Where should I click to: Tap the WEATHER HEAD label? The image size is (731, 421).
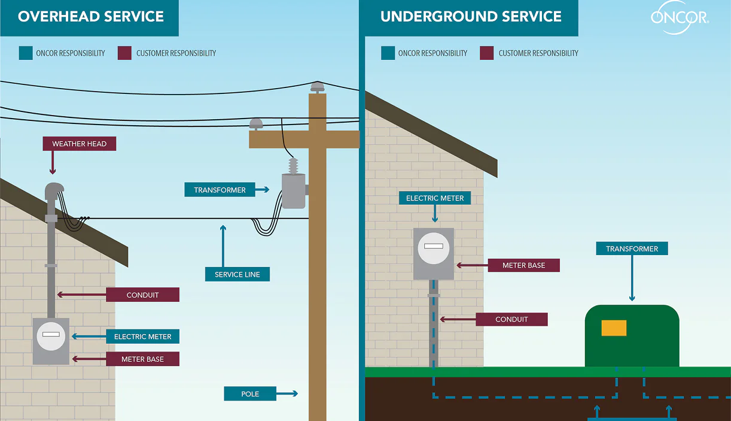[79, 144]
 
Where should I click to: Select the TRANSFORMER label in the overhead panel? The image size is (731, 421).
[220, 190]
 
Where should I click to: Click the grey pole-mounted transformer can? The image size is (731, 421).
[293, 191]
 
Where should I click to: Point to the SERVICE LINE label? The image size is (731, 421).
[237, 274]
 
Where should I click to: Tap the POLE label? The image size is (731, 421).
[250, 393]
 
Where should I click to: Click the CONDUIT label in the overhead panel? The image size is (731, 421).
[142, 295]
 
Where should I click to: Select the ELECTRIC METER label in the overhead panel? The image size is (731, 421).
[142, 337]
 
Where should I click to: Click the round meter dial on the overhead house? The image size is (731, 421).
[51, 337]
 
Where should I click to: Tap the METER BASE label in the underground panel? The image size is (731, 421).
[523, 265]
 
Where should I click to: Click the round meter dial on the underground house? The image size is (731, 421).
[434, 247]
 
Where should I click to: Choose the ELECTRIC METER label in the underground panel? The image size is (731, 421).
[435, 198]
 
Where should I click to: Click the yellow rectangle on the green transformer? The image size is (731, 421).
[614, 328]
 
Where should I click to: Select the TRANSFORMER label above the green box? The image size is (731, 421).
[632, 249]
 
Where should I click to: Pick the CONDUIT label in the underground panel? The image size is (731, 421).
[511, 319]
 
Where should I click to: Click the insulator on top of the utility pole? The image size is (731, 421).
[318, 87]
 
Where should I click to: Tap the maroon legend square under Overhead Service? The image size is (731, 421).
[124, 53]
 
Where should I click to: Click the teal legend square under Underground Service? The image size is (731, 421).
[387, 53]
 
